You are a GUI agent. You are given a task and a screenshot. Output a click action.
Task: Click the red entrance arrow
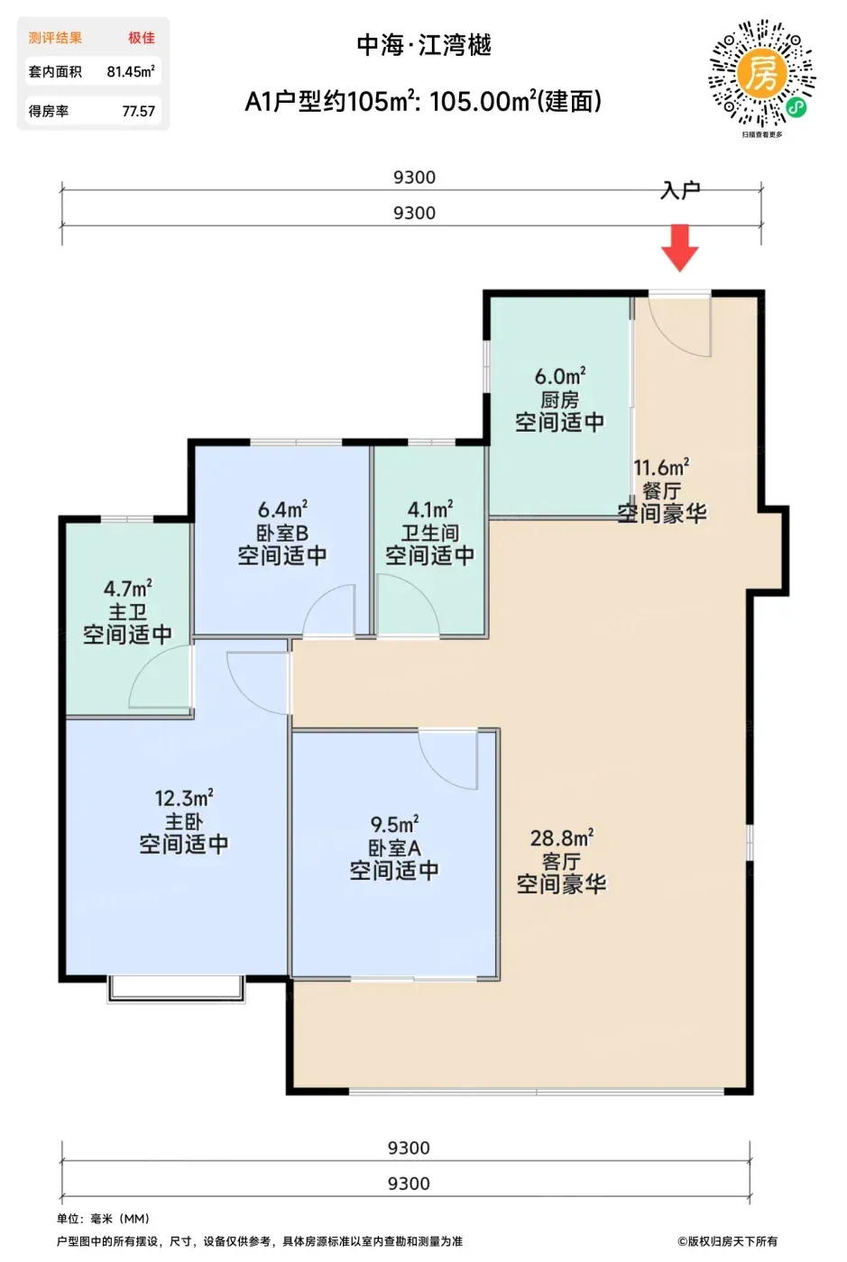(x=679, y=248)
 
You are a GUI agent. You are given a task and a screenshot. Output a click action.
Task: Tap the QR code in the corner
(x=762, y=73)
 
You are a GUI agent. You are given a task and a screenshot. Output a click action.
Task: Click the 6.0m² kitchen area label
(x=560, y=376)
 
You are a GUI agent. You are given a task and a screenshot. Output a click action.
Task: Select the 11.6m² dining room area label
(x=661, y=467)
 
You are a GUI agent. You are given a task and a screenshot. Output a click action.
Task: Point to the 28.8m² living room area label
(x=562, y=837)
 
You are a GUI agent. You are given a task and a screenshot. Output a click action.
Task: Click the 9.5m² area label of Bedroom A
(x=394, y=824)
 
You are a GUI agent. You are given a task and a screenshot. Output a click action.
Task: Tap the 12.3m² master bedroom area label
(x=184, y=798)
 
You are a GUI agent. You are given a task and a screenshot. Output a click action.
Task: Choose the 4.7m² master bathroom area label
(x=127, y=589)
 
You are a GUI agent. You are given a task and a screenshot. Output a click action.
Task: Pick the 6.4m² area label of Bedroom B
(x=282, y=509)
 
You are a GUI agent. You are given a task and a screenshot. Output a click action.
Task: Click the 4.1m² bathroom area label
(x=430, y=509)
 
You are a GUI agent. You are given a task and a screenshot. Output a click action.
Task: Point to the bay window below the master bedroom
(x=177, y=990)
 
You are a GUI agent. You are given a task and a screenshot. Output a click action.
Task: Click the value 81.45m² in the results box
(x=131, y=71)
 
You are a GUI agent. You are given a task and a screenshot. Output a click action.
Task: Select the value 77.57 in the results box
(x=139, y=111)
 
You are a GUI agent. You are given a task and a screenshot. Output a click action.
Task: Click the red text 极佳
(x=141, y=38)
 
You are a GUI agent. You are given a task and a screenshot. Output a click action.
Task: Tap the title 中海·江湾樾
(x=424, y=45)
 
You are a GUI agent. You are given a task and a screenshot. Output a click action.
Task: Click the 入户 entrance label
(x=681, y=190)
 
